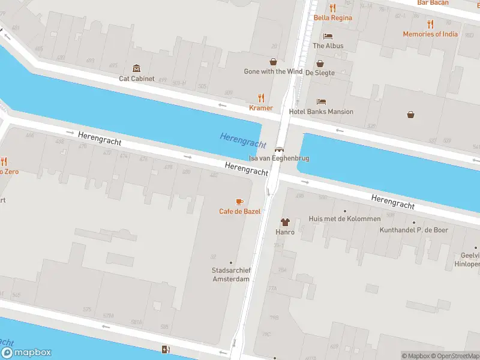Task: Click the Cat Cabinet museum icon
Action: [x=137, y=68]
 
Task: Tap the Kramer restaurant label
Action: [x=261, y=108]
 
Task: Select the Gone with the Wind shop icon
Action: [x=273, y=62]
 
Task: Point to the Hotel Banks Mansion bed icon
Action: [x=321, y=102]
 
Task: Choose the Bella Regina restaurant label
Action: [x=333, y=17]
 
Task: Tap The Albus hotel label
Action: [x=328, y=46]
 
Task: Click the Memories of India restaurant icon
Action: [x=430, y=24]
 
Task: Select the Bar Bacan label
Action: [x=433, y=3]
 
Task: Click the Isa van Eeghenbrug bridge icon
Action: [x=279, y=149]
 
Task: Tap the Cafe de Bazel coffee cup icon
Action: [x=239, y=202]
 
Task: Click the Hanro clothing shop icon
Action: [x=284, y=222]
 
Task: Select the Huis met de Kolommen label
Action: [x=344, y=219]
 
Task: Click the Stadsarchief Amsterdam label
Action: [x=231, y=275]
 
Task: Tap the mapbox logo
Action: [x=26, y=353]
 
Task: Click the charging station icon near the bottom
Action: [x=166, y=350]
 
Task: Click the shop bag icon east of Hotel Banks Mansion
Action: [x=411, y=114]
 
